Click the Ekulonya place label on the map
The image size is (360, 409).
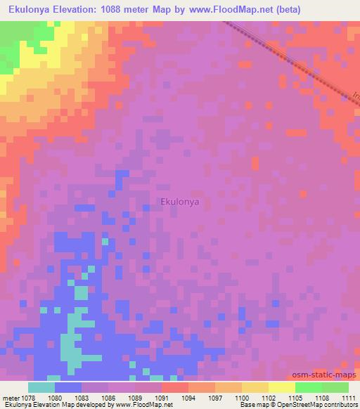pyautogui.click(x=180, y=202)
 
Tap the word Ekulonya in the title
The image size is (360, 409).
pyautogui.click(x=33, y=9)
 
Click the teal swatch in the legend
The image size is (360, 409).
pyautogui.click(x=41, y=387)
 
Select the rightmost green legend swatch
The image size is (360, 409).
pyautogui.click(x=335, y=387)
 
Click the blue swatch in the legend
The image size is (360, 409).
pyautogui.click(x=68, y=387)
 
